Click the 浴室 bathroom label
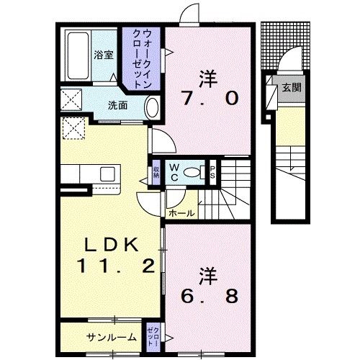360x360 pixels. [103, 54]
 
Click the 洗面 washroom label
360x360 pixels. [117, 104]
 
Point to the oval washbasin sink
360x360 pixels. [152, 107]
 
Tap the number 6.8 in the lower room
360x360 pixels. [208, 295]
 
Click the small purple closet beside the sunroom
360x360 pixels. [153, 336]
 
